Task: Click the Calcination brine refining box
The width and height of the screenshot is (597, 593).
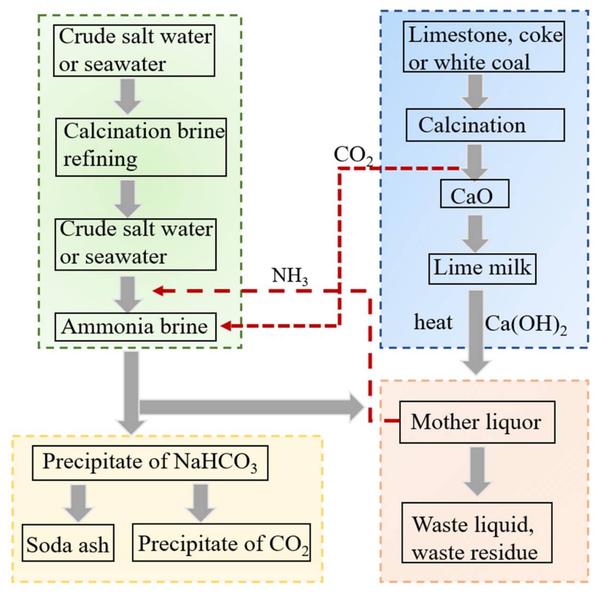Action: click(x=141, y=148)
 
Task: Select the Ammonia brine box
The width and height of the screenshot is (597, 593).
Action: click(x=135, y=327)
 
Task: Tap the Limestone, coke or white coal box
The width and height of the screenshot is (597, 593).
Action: click(x=484, y=47)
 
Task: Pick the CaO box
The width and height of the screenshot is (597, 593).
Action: click(x=475, y=194)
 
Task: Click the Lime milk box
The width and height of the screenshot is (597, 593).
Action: click(x=482, y=269)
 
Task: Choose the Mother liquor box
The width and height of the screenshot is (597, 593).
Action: click(x=477, y=422)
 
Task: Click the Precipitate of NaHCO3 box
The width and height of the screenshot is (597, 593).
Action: click(x=150, y=463)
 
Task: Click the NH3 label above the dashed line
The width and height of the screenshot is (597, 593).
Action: click(x=290, y=276)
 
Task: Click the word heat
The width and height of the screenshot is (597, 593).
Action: click(x=433, y=322)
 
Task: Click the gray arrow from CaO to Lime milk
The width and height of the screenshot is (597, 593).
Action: click(x=475, y=234)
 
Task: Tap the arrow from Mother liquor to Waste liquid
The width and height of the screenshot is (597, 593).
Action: click(x=478, y=471)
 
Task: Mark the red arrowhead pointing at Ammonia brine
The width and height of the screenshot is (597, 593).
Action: click(x=226, y=326)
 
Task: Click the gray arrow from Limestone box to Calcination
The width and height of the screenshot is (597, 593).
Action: click(x=475, y=92)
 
